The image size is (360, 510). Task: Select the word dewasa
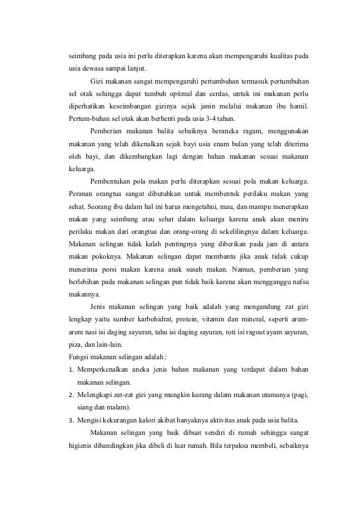90,69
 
